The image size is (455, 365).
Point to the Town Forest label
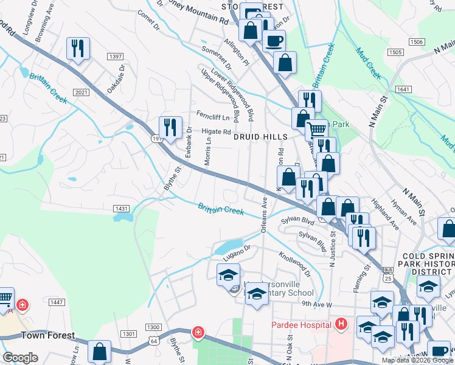click(x=48, y=335)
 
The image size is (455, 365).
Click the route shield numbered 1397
click(x=115, y=57)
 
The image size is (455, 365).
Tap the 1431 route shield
click(x=120, y=209)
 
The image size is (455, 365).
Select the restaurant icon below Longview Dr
click(x=78, y=48)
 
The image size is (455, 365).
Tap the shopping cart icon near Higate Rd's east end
click(x=316, y=130)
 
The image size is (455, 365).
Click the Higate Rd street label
click(x=216, y=131)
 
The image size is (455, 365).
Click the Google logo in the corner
click(x=20, y=358)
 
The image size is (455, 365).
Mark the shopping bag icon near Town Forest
click(x=99, y=352)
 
